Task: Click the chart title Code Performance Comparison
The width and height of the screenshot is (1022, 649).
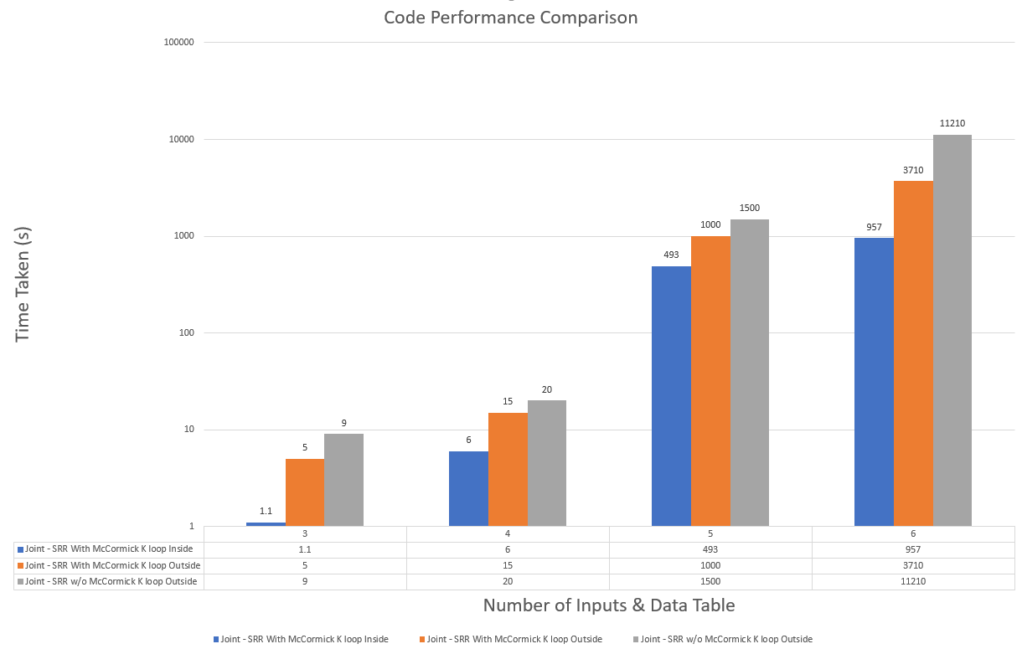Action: tap(510, 18)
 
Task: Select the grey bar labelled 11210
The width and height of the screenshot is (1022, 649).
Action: tap(952, 330)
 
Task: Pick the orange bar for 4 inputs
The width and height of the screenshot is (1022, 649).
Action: tap(508, 469)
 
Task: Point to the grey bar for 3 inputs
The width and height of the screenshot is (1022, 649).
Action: tap(343, 480)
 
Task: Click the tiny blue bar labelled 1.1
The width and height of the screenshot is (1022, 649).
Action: tap(266, 524)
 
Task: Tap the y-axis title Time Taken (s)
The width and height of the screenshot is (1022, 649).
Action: tap(23, 284)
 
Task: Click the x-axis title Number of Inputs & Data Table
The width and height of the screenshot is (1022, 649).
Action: tap(609, 605)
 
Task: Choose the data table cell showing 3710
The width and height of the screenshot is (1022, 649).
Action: tap(913, 565)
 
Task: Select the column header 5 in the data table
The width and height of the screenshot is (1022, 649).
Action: tap(710, 533)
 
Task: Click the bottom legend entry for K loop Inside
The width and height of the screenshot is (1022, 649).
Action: tap(304, 639)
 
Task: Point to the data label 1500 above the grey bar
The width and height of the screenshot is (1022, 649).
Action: tap(750, 208)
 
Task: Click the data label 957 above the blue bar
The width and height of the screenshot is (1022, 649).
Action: tap(874, 227)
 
